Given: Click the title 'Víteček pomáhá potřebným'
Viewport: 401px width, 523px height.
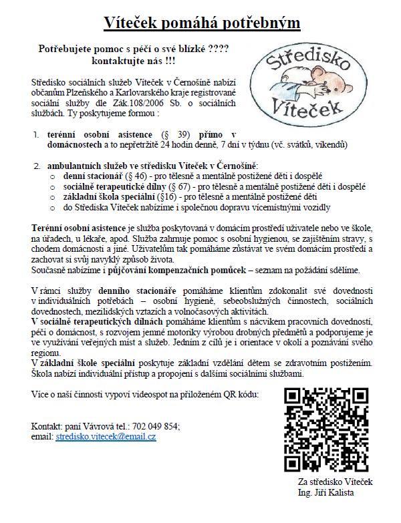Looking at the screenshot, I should click(201, 23).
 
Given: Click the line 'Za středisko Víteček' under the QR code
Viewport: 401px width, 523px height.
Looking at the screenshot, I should click(336, 482).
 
